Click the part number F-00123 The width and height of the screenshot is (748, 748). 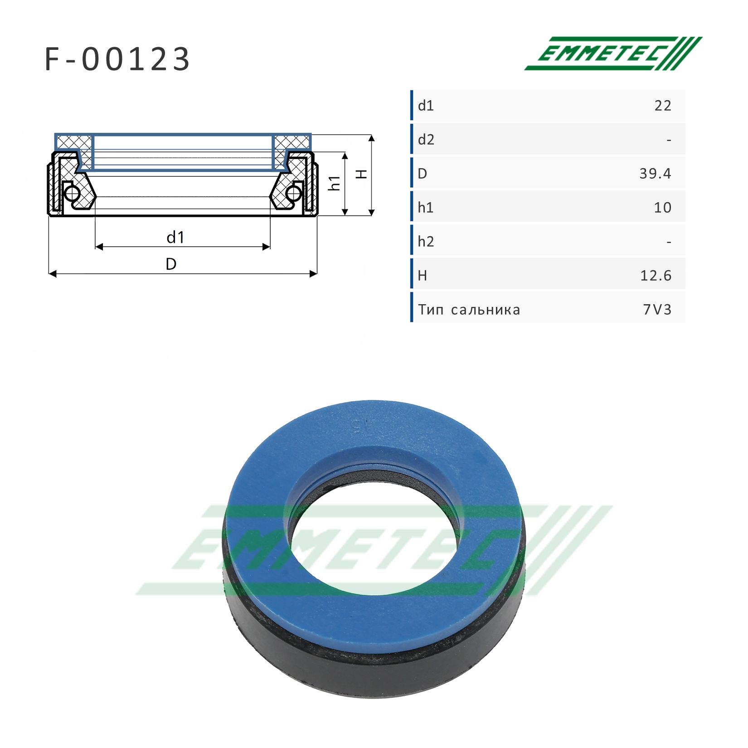117,59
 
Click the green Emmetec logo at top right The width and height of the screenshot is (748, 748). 613,53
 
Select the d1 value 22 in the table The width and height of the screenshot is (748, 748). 663,106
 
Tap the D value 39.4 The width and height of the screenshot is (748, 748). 655,174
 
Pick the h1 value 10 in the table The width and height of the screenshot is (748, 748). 663,208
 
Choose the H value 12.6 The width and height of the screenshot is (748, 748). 656,276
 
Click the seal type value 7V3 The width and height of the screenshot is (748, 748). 657,310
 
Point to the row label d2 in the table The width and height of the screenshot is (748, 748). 426,140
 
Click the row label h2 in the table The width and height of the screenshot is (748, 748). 426,242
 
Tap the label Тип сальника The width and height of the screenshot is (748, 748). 469,310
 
